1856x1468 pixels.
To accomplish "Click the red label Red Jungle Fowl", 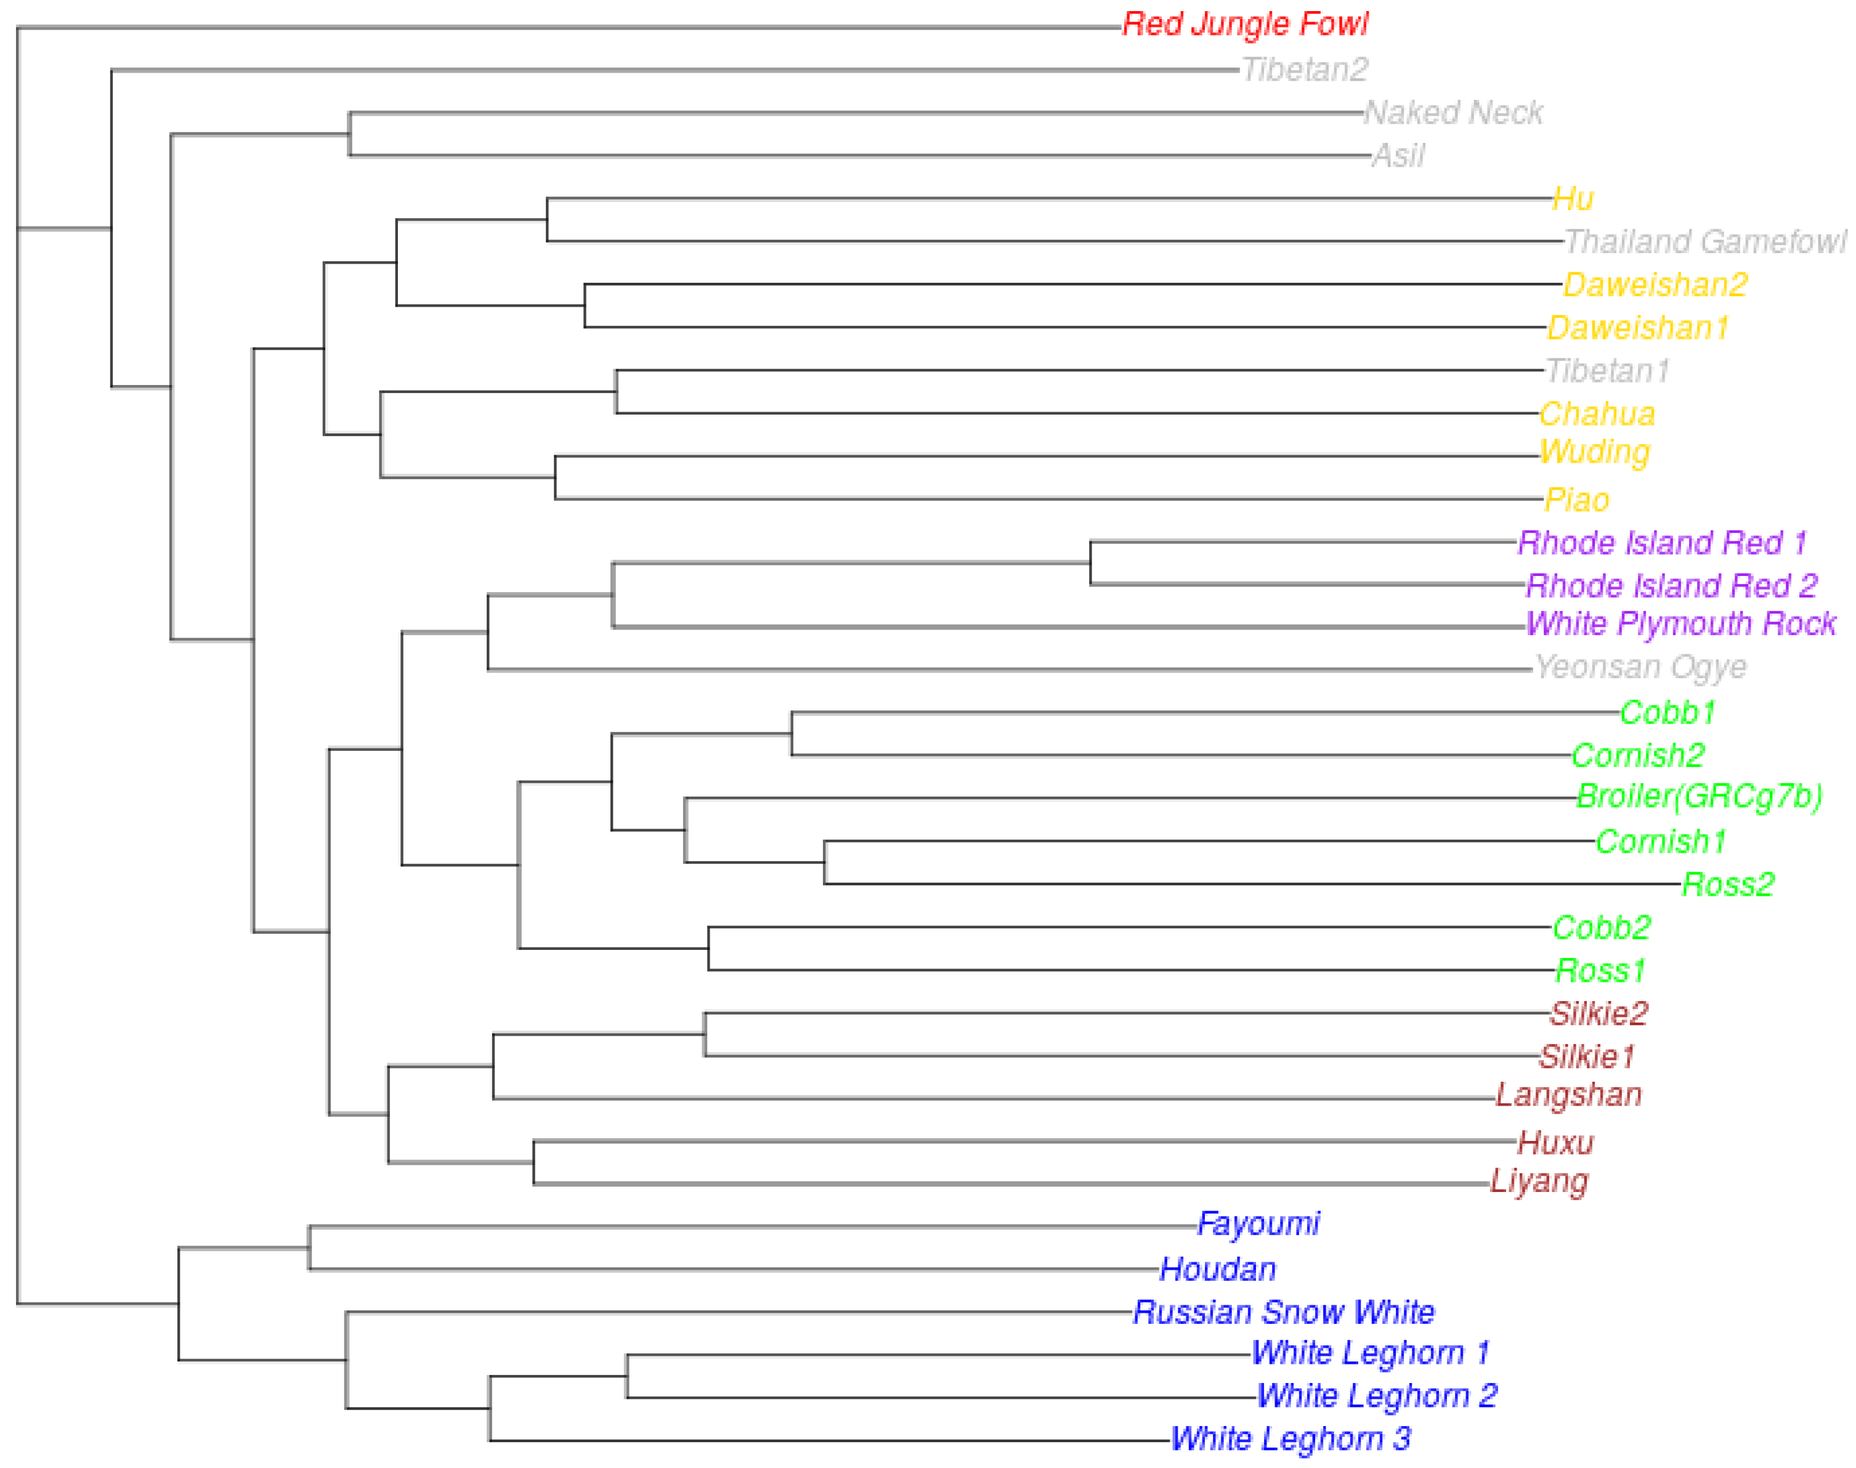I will point(1245,24).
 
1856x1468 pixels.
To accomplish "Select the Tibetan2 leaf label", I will point(1304,69).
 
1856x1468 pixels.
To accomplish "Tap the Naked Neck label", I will point(1454,113).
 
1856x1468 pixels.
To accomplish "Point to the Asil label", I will point(1399,156).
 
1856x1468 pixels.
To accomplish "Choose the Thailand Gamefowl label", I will point(1704,241).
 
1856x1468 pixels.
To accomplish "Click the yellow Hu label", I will point(1573,198).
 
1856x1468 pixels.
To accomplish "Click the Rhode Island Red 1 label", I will point(1663,542).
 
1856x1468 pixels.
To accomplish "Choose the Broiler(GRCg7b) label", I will point(1700,796).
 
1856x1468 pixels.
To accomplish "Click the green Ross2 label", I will point(1728,883).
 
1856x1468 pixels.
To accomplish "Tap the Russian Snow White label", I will point(1284,1312).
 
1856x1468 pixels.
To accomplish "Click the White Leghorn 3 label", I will point(1291,1438).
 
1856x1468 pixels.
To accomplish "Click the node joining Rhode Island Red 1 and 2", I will point(1090,563).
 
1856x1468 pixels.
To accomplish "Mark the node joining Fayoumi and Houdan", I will point(309,1247).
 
